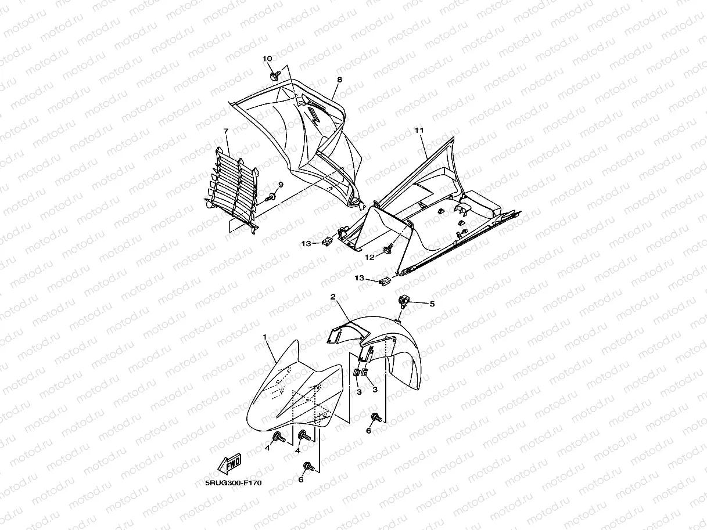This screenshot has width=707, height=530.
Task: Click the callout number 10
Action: pyautogui.click(x=267, y=59)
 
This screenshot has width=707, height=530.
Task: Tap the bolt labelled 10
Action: pyautogui.click(x=274, y=75)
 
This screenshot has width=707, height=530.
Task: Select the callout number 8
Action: pyautogui.click(x=339, y=80)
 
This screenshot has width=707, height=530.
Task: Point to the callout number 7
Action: pyautogui.click(x=226, y=132)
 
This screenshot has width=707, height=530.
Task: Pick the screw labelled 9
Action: pyautogui.click(x=271, y=198)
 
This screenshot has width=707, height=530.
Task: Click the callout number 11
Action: pyautogui.click(x=418, y=132)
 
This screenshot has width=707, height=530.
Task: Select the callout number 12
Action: pyautogui.click(x=369, y=256)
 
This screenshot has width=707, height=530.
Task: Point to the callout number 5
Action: pyautogui.click(x=432, y=304)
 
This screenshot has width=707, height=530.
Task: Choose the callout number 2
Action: pyautogui.click(x=333, y=297)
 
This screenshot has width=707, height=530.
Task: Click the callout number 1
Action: pyautogui.click(x=265, y=337)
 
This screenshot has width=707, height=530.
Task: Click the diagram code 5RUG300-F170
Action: pyautogui.click(x=229, y=482)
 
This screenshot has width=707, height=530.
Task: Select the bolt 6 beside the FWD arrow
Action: pyautogui.click(x=308, y=466)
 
